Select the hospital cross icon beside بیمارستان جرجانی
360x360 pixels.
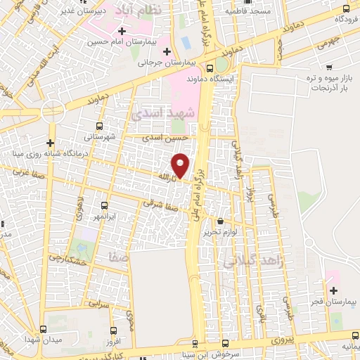click(x=167, y=51)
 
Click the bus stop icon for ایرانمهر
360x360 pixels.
click(x=104, y=206)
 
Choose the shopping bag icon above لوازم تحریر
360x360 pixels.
click(x=221, y=221)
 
